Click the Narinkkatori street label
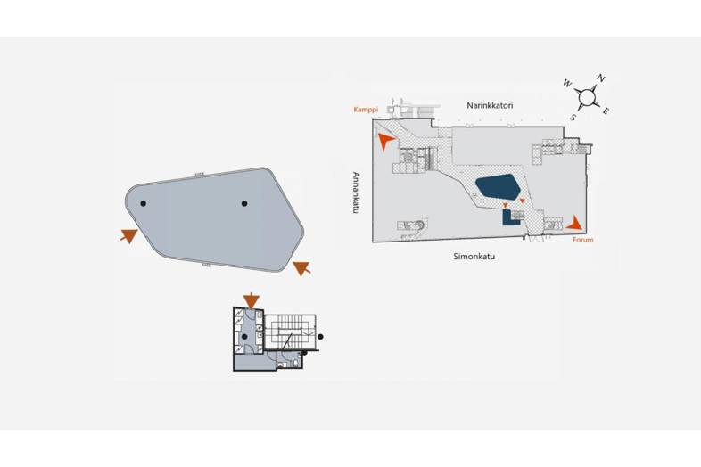point(490,106)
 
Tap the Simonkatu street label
point(473,257)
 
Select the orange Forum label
point(583,240)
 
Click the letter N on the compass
point(601,78)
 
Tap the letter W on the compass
point(567,84)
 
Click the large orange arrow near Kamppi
point(385,141)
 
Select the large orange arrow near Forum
point(576,222)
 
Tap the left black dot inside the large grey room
point(144,204)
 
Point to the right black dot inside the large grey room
point(244,203)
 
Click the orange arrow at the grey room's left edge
point(129,235)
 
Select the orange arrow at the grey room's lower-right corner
point(301,266)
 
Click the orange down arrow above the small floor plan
point(252,300)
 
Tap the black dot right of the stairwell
point(320,336)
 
